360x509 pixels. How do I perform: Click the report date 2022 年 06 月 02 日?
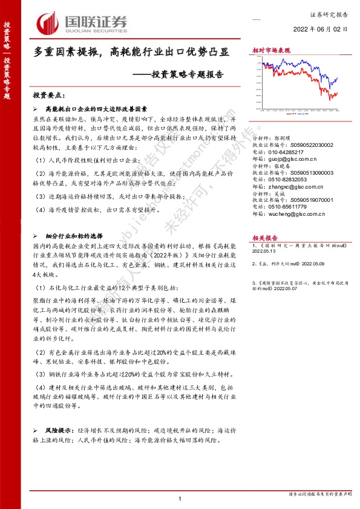(x=321, y=29)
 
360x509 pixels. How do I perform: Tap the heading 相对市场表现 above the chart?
(x=270, y=51)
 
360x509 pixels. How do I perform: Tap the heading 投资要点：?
(x=48, y=96)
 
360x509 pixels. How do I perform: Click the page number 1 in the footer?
(x=180, y=498)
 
